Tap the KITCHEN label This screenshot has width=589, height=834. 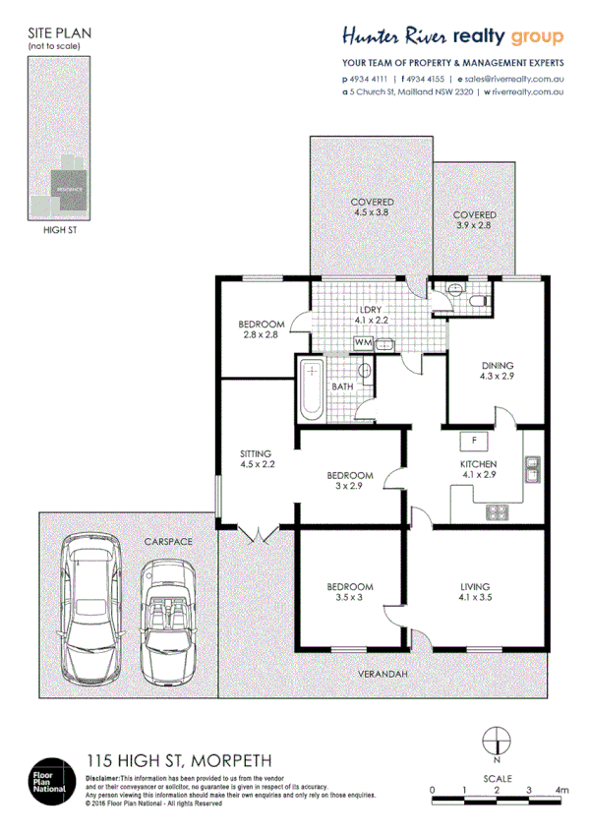[479, 463]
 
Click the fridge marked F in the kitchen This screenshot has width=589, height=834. [474, 440]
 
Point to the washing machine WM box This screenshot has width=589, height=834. [363, 342]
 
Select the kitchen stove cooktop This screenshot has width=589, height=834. [497, 510]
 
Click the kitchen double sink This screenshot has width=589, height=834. [532, 471]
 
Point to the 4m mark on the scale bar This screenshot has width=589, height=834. [562, 789]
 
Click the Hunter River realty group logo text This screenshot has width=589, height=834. [452, 36]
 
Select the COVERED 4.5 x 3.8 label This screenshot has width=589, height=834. [373, 207]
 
